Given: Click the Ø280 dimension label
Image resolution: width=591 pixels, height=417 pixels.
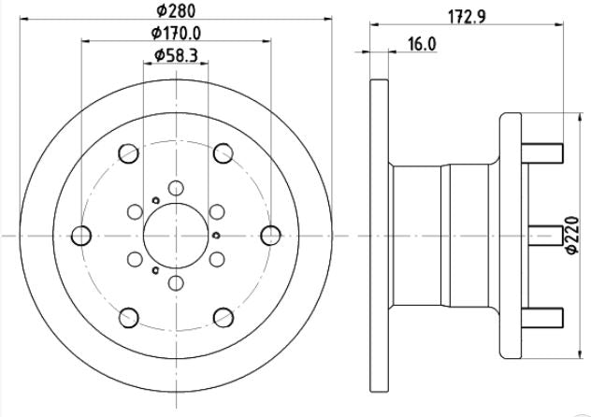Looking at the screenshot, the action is coord(176,10).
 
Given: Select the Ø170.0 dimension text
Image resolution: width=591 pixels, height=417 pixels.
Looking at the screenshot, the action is coord(176,33).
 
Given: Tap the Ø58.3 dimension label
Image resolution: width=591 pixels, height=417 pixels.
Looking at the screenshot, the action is coord(176,56).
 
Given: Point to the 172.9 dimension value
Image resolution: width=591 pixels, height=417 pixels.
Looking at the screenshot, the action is coord(467,17).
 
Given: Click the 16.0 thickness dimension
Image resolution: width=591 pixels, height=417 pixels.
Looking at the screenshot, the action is coord(422,44).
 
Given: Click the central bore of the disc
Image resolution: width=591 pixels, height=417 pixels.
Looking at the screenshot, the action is coord(176,236).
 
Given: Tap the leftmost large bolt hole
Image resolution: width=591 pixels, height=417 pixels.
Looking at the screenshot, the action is coord(81,236).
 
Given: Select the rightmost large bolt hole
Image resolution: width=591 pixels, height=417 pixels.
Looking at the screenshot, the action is coord(270,236).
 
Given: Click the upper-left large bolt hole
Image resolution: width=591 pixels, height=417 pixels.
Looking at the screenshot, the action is coord(128,153).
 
